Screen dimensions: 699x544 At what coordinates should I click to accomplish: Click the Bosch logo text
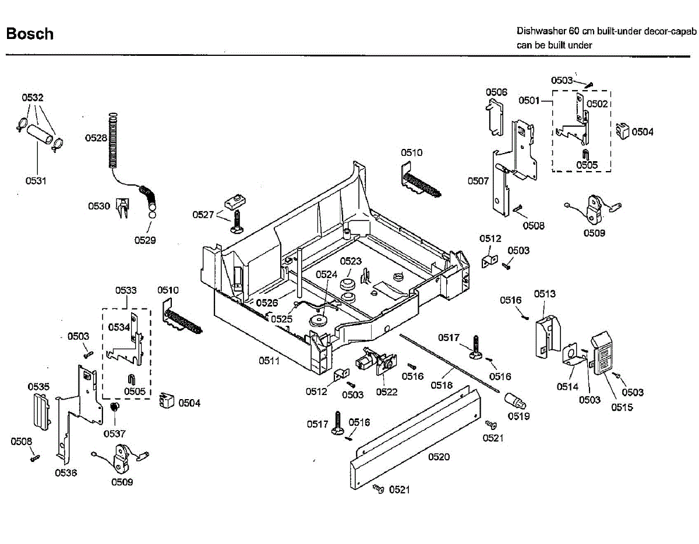point(30,34)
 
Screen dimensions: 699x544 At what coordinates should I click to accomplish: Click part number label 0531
point(36,181)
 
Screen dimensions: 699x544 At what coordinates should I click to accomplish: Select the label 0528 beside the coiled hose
point(96,138)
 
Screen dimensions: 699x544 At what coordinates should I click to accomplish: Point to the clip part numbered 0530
point(122,208)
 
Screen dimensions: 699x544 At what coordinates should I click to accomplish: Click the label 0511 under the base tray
point(269,361)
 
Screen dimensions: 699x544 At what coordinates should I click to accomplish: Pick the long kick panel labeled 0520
point(415,438)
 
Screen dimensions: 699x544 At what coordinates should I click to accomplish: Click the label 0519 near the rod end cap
point(518,416)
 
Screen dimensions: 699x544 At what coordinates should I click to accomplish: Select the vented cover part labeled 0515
point(602,353)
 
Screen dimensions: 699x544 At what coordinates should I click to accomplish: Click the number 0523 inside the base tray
point(351,261)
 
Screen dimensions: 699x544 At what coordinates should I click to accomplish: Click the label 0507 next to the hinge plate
point(478,181)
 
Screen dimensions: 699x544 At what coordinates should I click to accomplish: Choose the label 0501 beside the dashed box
point(529,101)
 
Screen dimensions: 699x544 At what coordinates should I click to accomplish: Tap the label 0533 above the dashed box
point(126,290)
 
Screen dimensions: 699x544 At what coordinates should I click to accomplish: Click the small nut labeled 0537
point(114,407)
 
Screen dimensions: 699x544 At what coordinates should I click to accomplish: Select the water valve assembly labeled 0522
point(376,361)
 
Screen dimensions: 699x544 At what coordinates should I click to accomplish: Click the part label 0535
point(38,386)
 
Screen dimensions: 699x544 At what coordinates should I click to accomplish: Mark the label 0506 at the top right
point(496,93)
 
